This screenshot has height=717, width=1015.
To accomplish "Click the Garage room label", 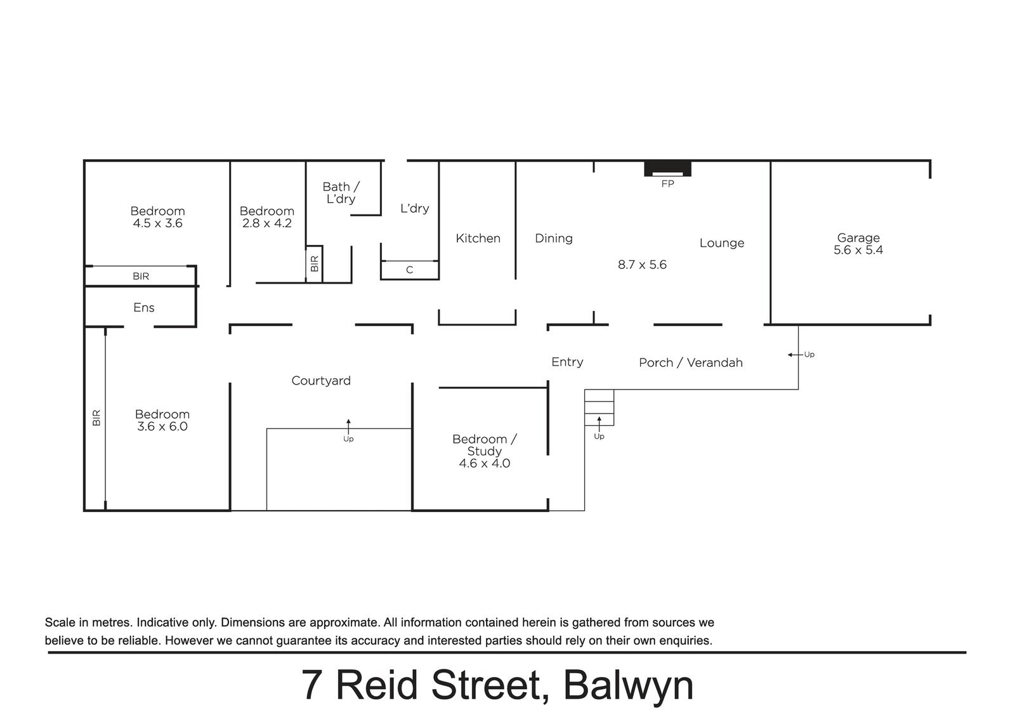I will [858, 237].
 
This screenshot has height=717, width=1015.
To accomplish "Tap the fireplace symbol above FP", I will [667, 169].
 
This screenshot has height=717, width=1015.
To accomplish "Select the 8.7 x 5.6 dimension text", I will [642, 265].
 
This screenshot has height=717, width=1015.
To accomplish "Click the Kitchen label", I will [478, 238].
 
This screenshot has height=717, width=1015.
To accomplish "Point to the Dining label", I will [553, 238].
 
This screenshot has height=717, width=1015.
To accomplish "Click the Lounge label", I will [721, 242].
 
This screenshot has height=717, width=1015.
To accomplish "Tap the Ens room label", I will [143, 307].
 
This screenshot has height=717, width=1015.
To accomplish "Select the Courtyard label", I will [320, 380].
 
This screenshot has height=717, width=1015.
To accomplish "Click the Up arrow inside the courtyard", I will [348, 426].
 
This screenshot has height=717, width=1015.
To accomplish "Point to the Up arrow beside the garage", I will [793, 355].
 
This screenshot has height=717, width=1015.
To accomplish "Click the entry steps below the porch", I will [599, 407].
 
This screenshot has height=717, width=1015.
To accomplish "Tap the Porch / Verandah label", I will [690, 362].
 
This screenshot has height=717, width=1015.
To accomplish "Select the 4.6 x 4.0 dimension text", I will [484, 463].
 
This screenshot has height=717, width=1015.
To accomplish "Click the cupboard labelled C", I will [409, 270].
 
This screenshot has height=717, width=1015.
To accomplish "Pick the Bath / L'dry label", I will [341, 192].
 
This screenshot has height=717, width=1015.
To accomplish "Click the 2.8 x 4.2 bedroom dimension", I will [266, 223].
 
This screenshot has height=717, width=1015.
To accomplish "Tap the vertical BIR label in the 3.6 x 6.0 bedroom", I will [96, 417].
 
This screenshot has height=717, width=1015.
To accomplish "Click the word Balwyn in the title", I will [627, 685].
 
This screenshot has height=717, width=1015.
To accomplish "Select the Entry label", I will [566, 362].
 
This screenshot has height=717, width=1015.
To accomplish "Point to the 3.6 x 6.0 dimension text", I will [162, 426].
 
